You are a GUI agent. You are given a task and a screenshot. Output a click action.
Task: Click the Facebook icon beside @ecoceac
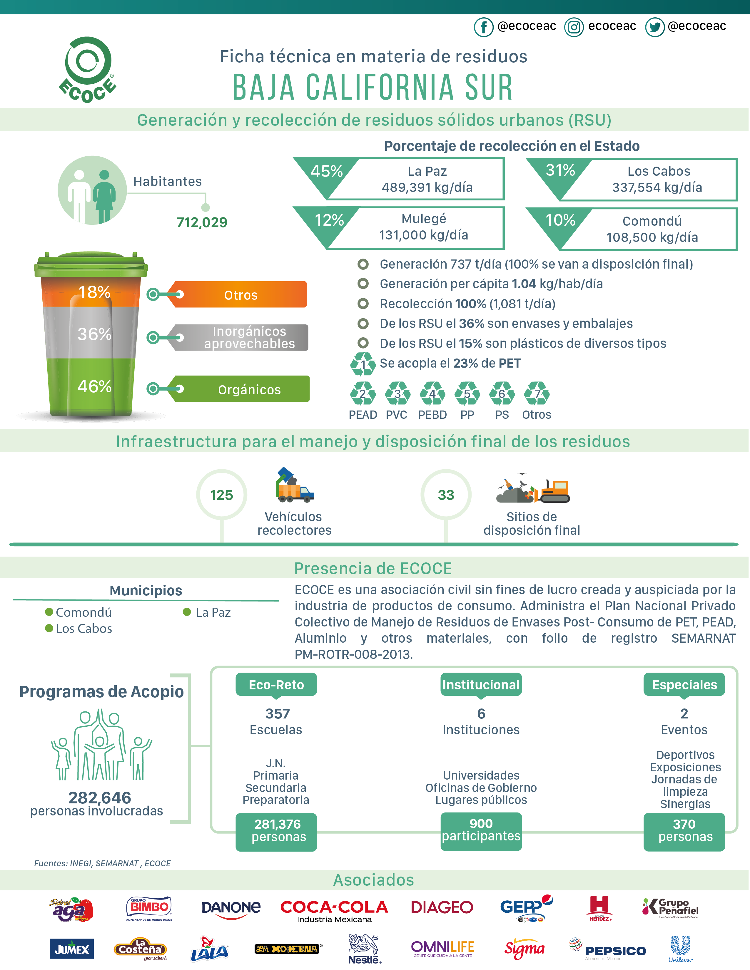[x=483, y=27]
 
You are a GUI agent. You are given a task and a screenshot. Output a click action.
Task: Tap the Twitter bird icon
[x=654, y=27]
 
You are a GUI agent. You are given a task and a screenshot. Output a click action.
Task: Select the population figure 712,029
[x=202, y=222]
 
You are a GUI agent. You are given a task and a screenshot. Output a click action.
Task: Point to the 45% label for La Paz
[x=327, y=171]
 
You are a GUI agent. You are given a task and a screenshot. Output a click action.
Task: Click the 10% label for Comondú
[x=560, y=220]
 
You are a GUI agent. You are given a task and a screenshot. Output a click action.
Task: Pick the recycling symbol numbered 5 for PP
[x=467, y=393]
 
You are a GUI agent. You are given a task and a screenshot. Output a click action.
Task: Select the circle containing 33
[x=446, y=495]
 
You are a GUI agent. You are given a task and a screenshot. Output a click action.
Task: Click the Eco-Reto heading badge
[x=276, y=684]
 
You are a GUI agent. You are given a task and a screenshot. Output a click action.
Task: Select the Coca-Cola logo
[x=334, y=910]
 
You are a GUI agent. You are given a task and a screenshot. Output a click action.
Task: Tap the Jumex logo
[x=71, y=949]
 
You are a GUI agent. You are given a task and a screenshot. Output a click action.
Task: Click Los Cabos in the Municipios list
[x=83, y=629]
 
